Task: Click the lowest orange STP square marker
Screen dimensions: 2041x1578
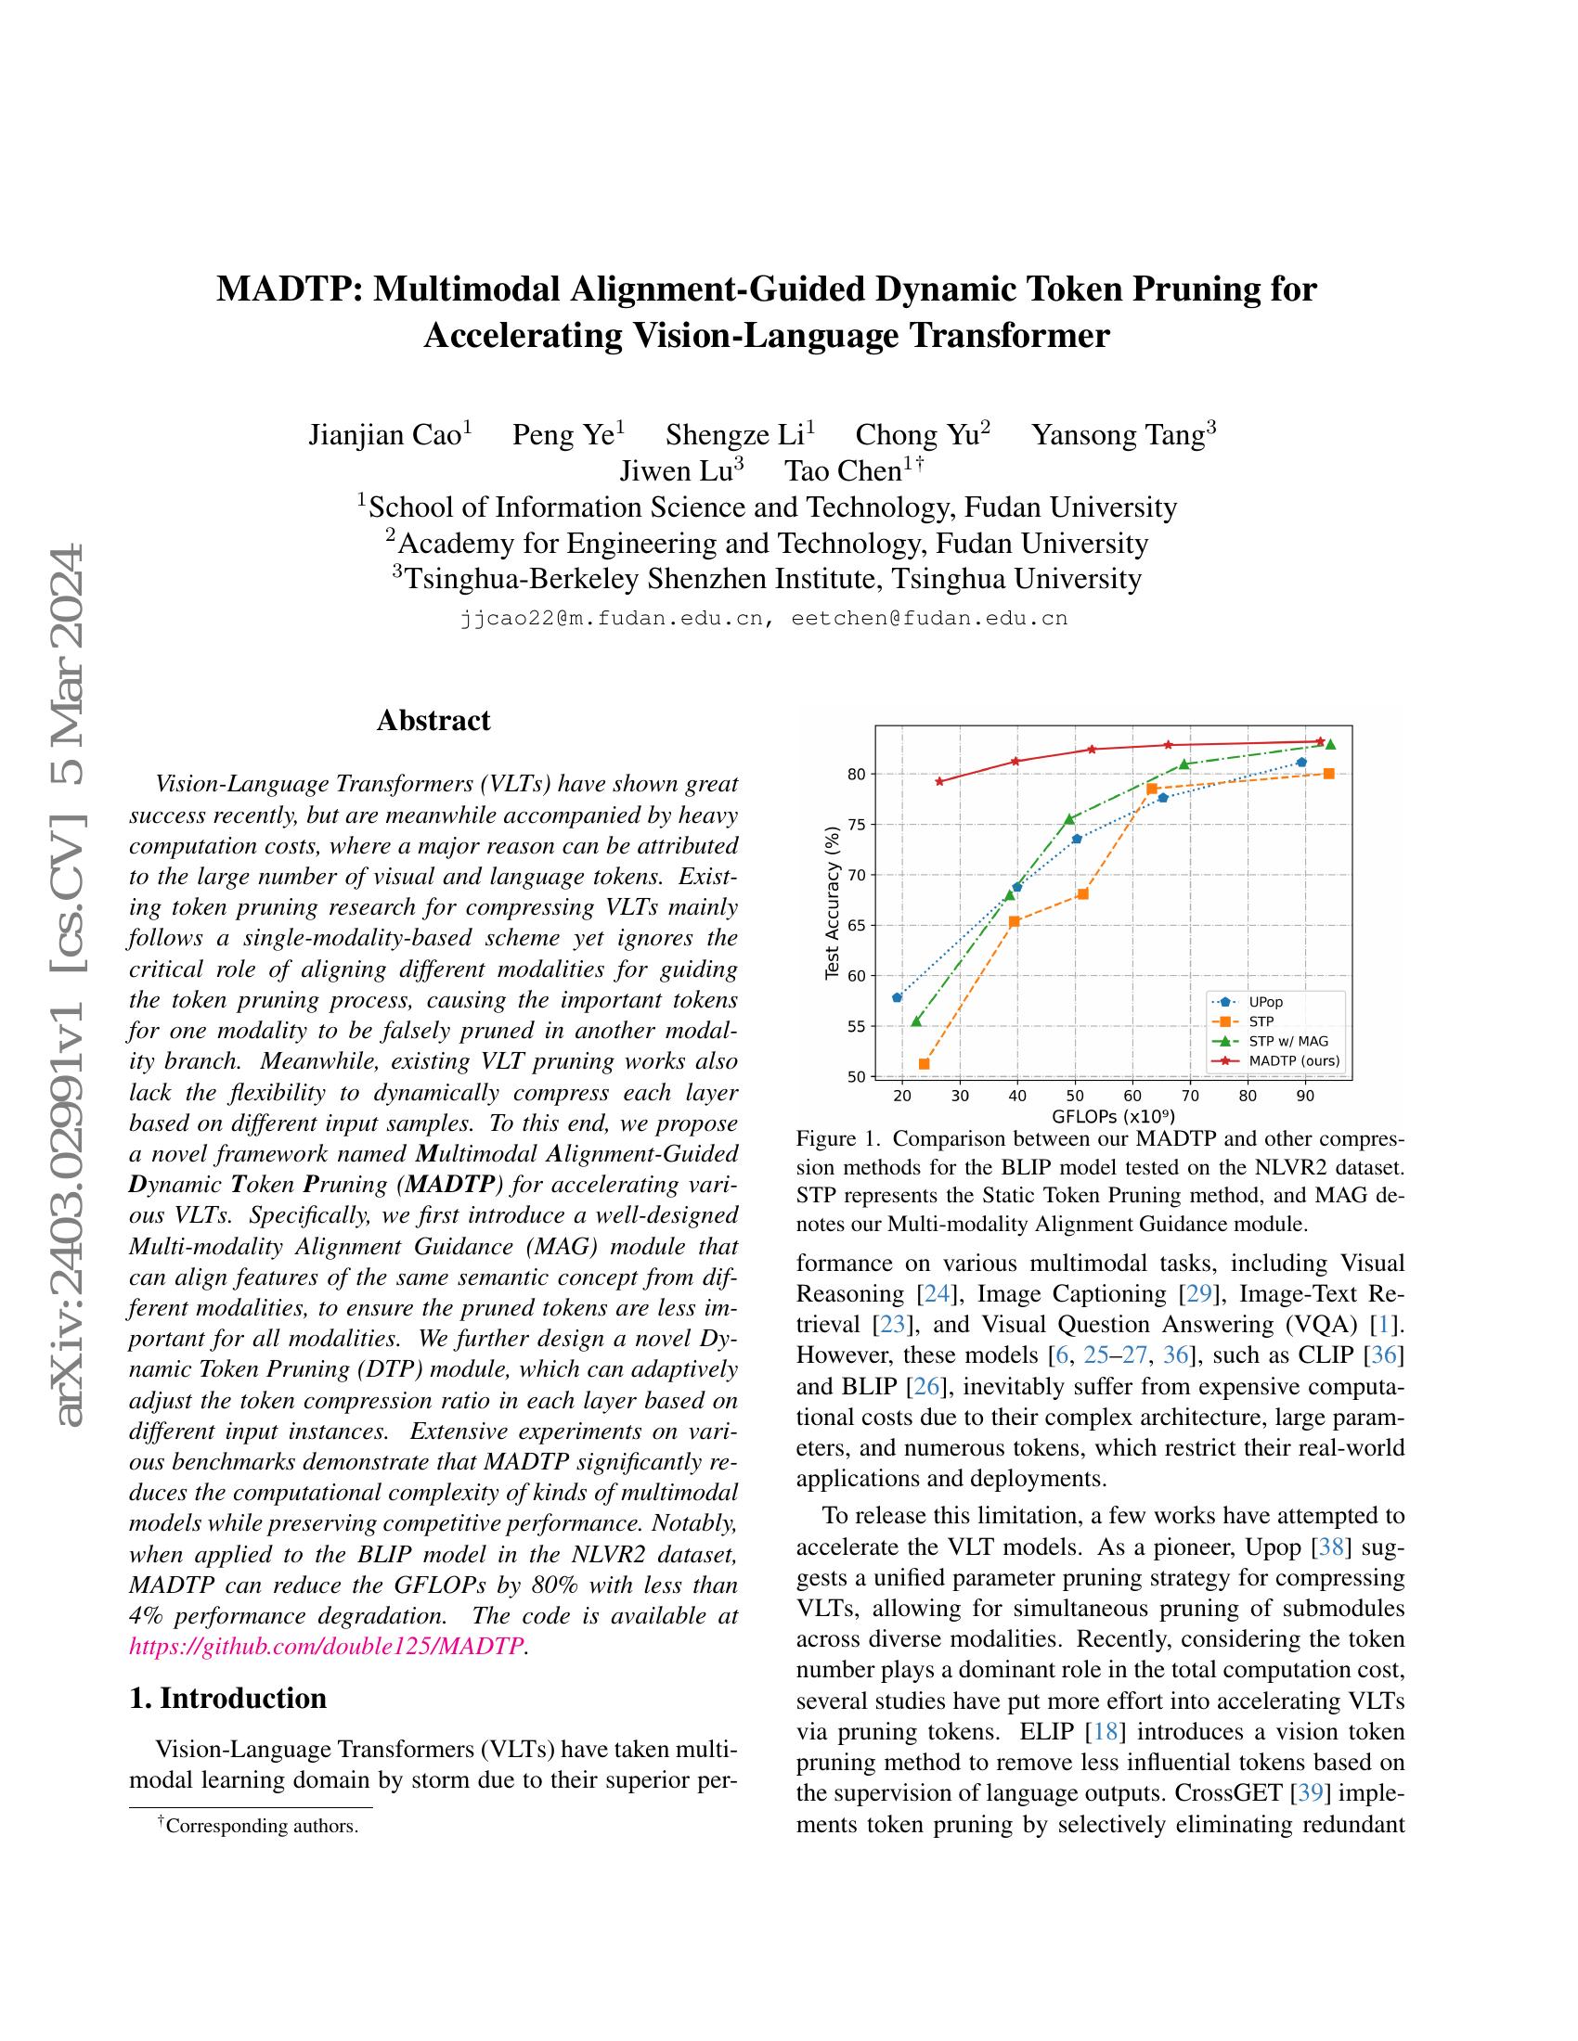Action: click(924, 1063)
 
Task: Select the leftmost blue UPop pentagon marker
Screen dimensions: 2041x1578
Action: click(898, 997)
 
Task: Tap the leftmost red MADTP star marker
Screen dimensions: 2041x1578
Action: click(939, 781)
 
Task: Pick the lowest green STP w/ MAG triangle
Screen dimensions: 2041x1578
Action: click(916, 1021)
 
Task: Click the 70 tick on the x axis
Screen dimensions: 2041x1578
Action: click(1190, 1096)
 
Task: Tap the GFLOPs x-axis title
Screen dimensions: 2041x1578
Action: click(1112, 1116)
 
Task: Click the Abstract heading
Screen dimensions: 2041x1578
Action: click(433, 721)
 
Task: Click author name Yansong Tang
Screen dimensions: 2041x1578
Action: click(1116, 435)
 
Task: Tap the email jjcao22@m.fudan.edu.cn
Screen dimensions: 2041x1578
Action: click(613, 619)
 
